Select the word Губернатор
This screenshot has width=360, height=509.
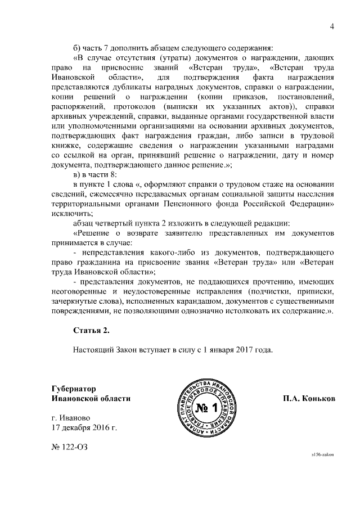pos(74,388)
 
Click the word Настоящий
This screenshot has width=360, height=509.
pos(93,350)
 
